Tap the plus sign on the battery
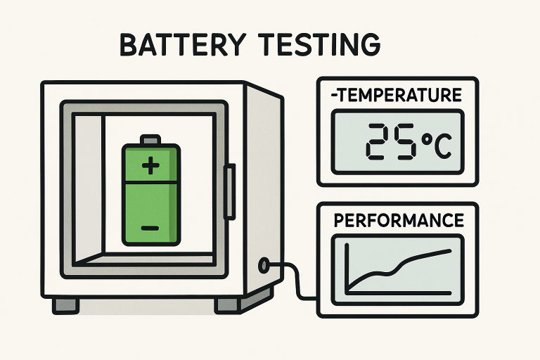(150, 166)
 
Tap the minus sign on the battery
(150, 228)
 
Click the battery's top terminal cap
(150, 139)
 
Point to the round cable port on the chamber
(264, 265)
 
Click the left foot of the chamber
(65, 305)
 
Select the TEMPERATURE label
(398, 95)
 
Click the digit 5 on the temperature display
(406, 143)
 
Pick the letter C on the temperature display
(444, 146)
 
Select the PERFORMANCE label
(398, 220)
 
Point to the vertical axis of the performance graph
(347, 268)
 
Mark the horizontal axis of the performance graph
(401, 292)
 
